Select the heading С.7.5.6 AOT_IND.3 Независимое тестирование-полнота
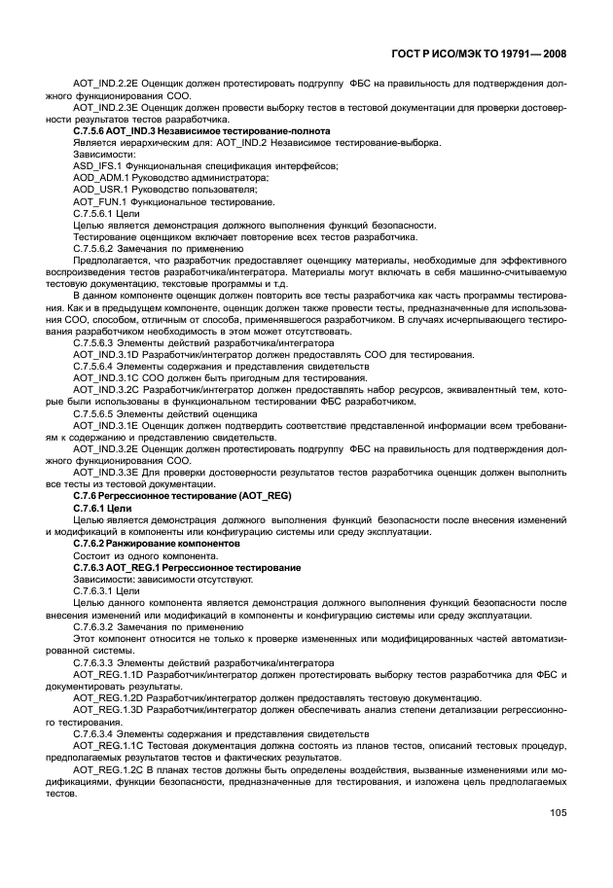(x=201, y=130)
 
